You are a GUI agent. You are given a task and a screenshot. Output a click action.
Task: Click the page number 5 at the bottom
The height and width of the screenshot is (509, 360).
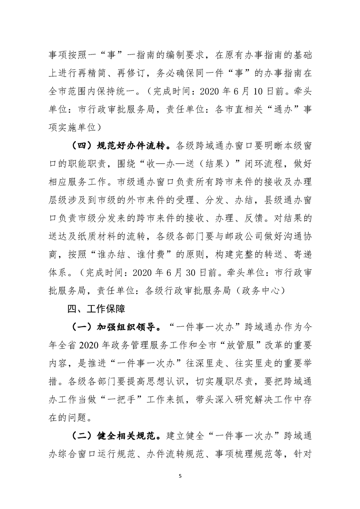[180, 476]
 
